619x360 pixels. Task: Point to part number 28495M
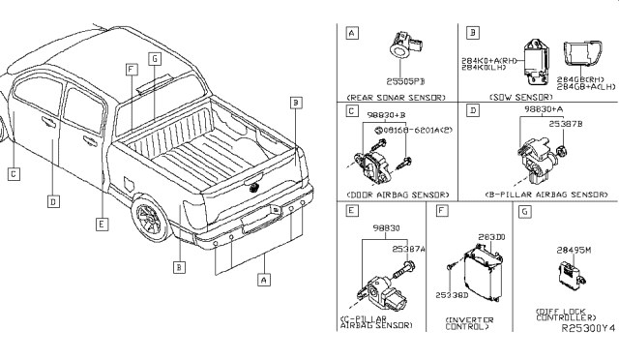click(571, 250)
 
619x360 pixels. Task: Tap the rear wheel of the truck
click(153, 219)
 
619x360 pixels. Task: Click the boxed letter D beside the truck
click(54, 202)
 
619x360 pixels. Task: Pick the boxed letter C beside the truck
click(13, 175)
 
